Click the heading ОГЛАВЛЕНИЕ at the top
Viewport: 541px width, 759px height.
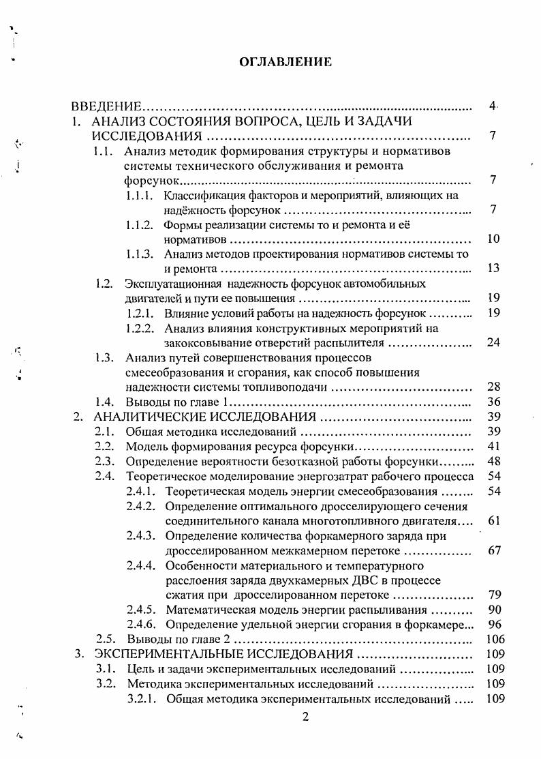click(285, 62)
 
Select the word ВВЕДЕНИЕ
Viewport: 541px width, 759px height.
click(107, 106)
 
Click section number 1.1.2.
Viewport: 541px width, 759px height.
click(142, 224)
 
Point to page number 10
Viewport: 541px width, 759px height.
click(494, 239)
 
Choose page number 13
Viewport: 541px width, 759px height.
click(494, 269)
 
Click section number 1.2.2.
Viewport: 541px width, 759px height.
click(142, 328)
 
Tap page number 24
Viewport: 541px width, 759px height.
click(494, 342)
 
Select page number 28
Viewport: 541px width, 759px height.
click(494, 387)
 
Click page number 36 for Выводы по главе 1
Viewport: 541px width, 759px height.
click(494, 402)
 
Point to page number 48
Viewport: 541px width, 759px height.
click(494, 461)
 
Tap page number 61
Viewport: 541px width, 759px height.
click(494, 520)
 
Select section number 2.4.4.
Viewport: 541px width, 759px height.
click(142, 565)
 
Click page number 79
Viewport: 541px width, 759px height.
click(494, 595)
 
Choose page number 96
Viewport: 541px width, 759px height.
click(494, 624)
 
